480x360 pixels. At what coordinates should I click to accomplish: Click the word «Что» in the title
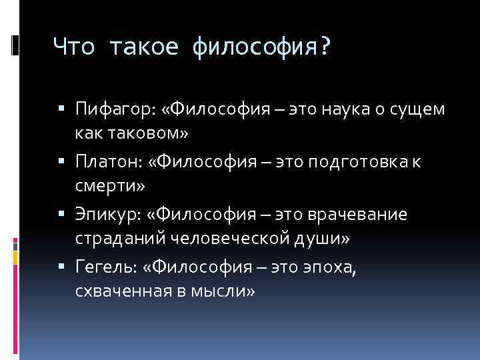pyautogui.click(x=73, y=47)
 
